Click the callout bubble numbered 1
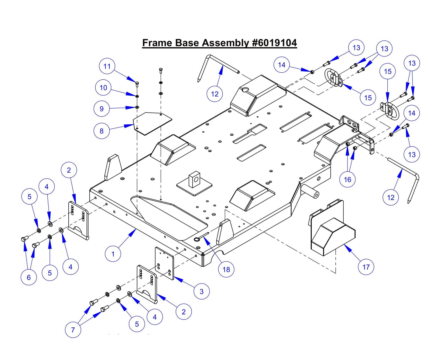tap(113, 254)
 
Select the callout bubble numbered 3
tap(202, 292)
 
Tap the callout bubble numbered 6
tap(29, 277)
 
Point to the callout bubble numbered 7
tap(73, 330)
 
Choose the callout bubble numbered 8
tap(101, 131)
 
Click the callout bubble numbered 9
tap(101, 109)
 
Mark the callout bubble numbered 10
tap(103, 88)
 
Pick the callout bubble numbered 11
tap(107, 66)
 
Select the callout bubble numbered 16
tap(347, 180)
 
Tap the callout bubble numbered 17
tap(366, 267)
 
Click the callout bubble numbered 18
tap(226, 269)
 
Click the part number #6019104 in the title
tap(274, 43)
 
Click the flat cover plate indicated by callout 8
tap(153, 123)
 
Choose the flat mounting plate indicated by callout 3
tap(164, 263)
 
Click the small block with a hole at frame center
tap(194, 179)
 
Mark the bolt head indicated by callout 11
tap(137, 83)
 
